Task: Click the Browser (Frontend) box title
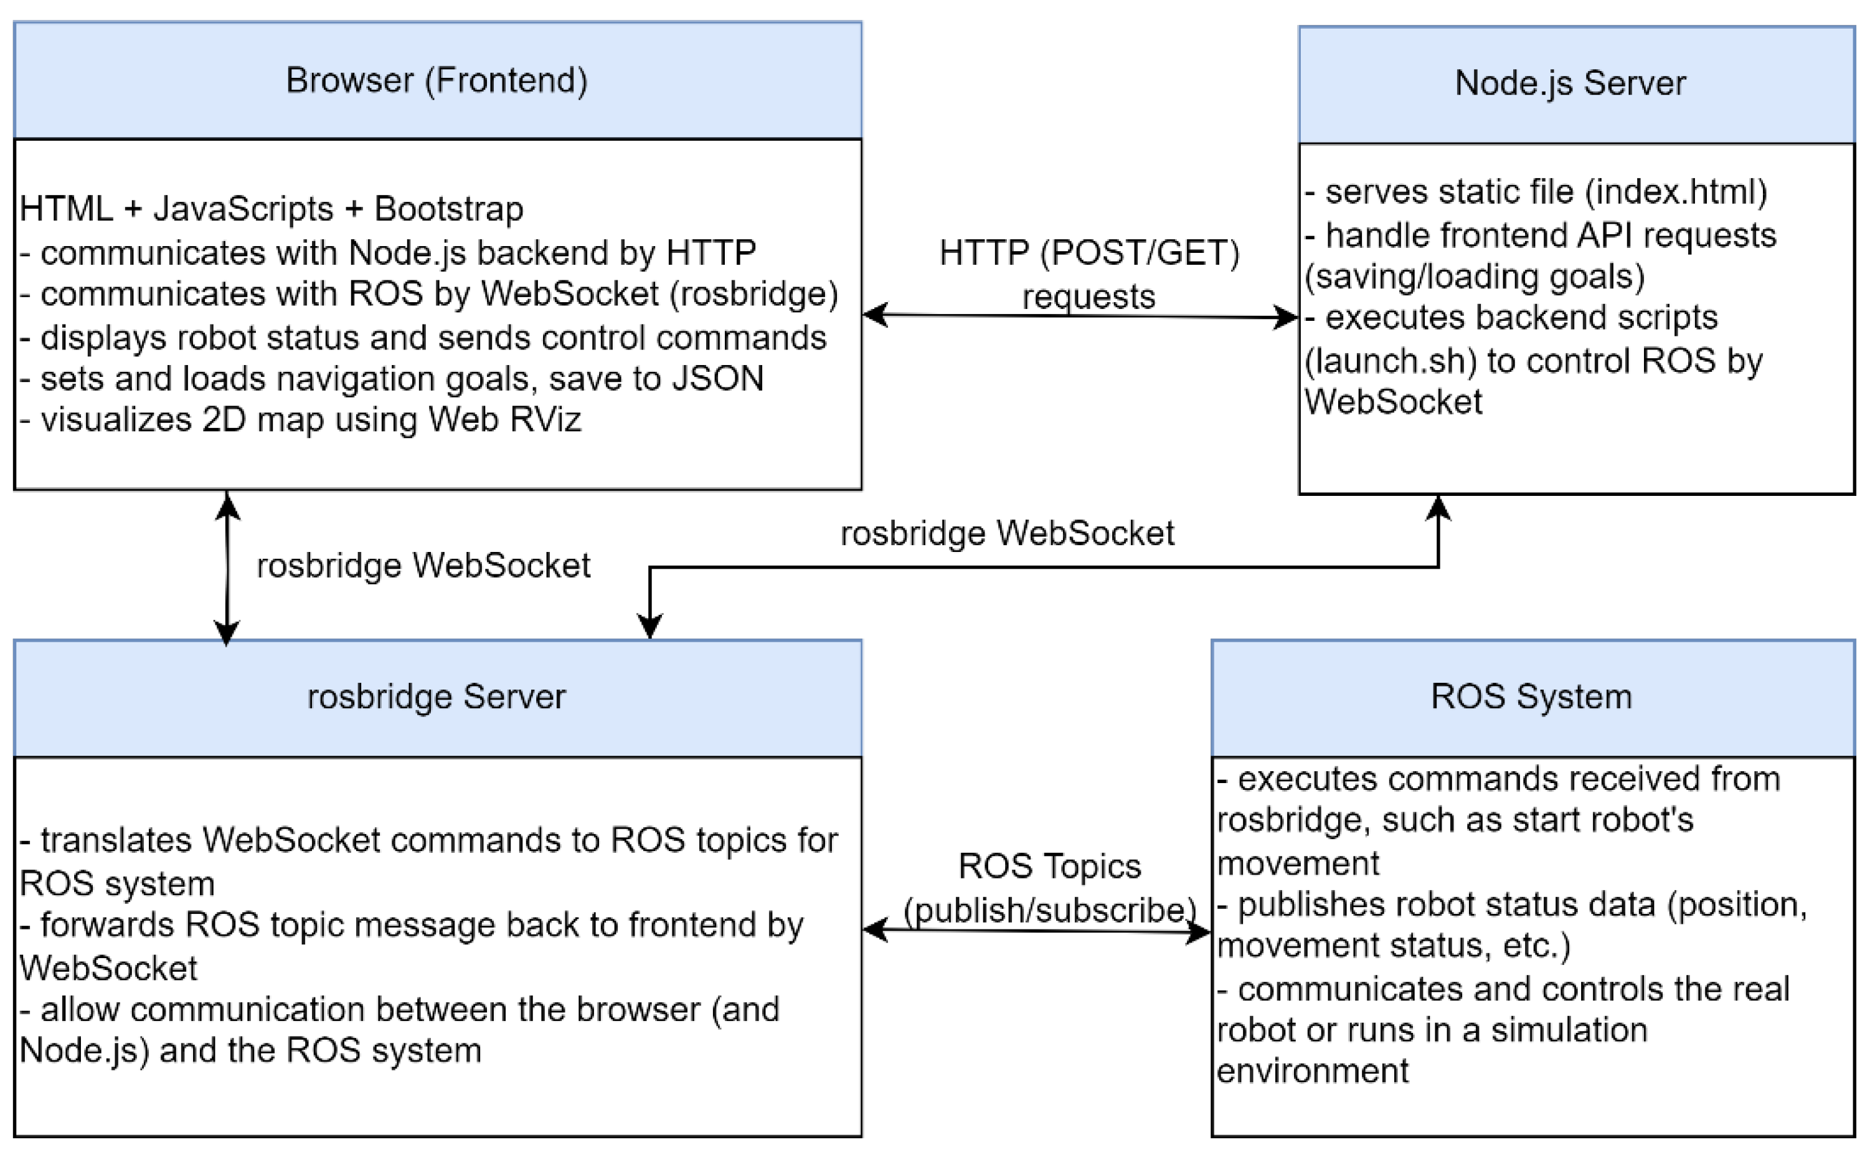(x=437, y=80)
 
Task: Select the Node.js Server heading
(x=1569, y=83)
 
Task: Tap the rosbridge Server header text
(x=437, y=696)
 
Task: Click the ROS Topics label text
(x=1049, y=867)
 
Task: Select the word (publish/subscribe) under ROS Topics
(x=1049, y=910)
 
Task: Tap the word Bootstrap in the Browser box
(x=448, y=209)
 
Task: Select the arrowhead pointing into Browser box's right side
(x=876, y=314)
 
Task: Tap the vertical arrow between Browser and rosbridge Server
(x=227, y=567)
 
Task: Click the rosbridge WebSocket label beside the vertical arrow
(x=423, y=566)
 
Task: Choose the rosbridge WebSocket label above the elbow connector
(x=1006, y=533)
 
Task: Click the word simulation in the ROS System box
(x=1568, y=1030)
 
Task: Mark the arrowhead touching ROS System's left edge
(x=1199, y=933)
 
